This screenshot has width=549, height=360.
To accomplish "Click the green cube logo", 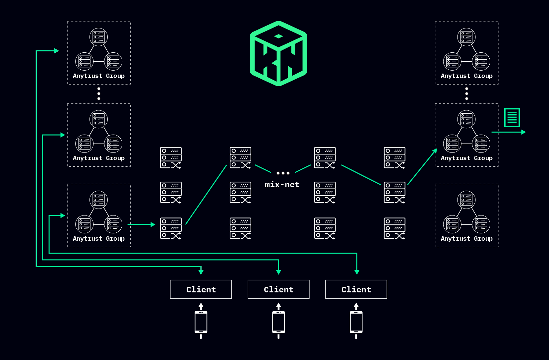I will [278, 53].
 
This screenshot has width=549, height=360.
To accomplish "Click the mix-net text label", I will [282, 185].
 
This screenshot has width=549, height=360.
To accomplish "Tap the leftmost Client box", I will [201, 289].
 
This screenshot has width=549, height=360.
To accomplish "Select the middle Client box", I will [278, 289].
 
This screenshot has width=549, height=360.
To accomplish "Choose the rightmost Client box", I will [356, 289].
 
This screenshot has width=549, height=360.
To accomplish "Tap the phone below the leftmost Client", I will [201, 322].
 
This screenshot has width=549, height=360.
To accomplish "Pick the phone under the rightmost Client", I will [356, 322].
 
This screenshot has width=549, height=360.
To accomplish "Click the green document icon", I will [512, 118].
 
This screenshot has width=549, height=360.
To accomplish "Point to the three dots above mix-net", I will [283, 173].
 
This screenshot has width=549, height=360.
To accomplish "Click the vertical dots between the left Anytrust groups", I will [99, 94].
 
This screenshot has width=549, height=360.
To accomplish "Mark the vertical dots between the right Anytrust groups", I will [467, 94].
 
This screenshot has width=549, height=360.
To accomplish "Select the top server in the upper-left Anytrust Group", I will [99, 37].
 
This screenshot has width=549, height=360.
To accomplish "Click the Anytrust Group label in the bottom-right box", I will [466, 239].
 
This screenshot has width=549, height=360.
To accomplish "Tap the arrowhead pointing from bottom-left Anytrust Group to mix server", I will [153, 225].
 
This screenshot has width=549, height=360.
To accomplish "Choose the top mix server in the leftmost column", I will [171, 158].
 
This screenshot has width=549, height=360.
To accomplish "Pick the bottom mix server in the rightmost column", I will [395, 228].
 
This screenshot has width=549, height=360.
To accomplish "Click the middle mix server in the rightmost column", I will [395, 192].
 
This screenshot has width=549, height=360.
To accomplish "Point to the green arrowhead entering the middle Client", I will [278, 272].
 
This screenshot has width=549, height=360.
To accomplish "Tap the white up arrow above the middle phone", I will [278, 306].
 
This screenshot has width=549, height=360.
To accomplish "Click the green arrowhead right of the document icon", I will [523, 132].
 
